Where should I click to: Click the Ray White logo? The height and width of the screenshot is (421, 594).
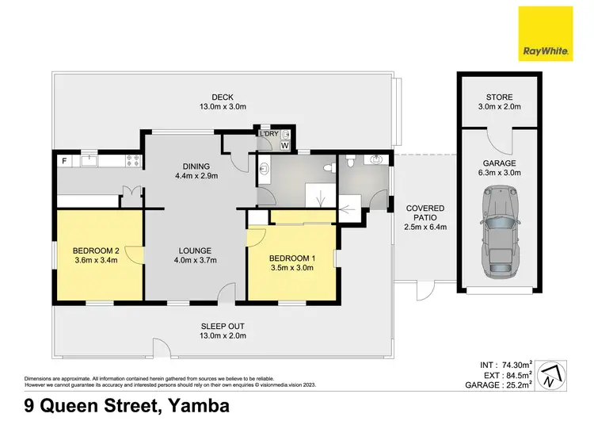(546, 34)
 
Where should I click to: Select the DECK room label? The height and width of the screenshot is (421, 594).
(210, 97)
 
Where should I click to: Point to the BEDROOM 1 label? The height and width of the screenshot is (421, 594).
(291, 258)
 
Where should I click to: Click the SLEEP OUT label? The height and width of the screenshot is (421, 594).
(223, 326)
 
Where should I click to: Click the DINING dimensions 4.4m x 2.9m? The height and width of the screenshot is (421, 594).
(196, 176)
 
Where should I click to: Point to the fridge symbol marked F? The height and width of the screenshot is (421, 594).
(64, 161)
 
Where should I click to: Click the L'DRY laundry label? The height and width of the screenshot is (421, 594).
(269, 134)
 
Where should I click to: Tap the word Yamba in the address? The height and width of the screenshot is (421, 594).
(193, 407)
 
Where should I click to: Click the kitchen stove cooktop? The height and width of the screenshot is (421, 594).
(134, 161)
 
